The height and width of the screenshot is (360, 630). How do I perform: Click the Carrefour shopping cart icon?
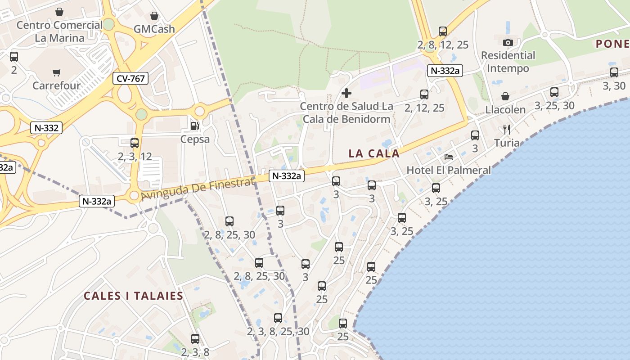coord(57,72)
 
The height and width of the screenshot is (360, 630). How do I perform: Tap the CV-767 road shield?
coord(130,79)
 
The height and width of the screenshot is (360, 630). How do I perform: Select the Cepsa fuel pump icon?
coord(194,126)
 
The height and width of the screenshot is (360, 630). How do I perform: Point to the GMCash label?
coord(154,29)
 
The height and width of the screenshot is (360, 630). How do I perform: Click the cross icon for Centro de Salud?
coord(346,93)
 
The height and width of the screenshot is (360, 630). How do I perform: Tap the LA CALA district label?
coord(374,153)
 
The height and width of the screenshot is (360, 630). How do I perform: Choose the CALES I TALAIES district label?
coord(134,296)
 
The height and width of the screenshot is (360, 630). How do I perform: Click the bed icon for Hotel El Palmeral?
coord(449,157)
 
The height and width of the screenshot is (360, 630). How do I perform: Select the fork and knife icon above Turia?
coord(507,130)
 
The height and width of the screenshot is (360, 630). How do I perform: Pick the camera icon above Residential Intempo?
coord(508,43)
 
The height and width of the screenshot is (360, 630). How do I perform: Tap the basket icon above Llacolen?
coord(505,96)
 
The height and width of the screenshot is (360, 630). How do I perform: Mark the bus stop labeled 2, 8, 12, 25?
coord(443,31)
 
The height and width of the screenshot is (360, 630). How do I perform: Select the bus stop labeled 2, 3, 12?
coord(135,143)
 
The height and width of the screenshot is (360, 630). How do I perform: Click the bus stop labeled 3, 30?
coord(614,72)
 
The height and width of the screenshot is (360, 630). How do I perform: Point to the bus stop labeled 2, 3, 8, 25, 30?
coord(278,318)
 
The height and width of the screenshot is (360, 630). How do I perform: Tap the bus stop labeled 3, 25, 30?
coord(554,92)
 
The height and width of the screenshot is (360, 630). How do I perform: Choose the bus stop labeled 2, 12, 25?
coord(424,94)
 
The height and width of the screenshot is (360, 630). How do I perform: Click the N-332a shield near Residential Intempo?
coord(445,71)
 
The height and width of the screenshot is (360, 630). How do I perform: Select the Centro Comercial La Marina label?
coord(59,31)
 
